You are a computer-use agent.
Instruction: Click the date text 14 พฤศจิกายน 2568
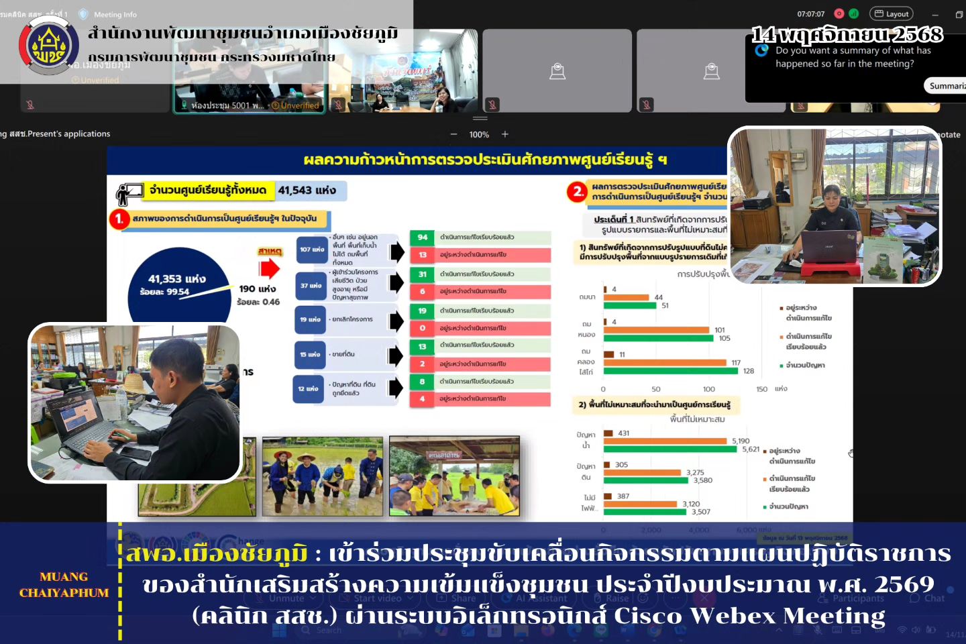coord(847,34)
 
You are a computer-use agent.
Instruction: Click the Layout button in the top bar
coord(890,13)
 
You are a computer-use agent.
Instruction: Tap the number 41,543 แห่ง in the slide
coord(307,191)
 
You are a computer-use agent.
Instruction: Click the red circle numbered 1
coord(119,219)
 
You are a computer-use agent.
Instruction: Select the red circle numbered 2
coord(576,192)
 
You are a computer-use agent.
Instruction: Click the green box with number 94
coord(422,237)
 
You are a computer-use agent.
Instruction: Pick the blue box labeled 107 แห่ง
coord(311,250)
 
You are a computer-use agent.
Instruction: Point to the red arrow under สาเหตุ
coord(270,268)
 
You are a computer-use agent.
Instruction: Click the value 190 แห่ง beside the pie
coord(257,288)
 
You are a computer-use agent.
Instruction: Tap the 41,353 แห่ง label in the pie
coord(176,279)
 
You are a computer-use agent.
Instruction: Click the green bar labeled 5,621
coord(671,449)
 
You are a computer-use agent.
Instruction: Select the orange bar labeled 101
coord(656,330)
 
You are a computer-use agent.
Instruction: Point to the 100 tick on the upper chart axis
coord(708,389)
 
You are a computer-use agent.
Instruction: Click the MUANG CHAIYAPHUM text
coord(64,585)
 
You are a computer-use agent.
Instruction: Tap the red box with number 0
coord(422,329)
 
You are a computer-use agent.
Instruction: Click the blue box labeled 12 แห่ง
coord(308,389)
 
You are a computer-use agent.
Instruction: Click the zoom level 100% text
coord(479,135)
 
